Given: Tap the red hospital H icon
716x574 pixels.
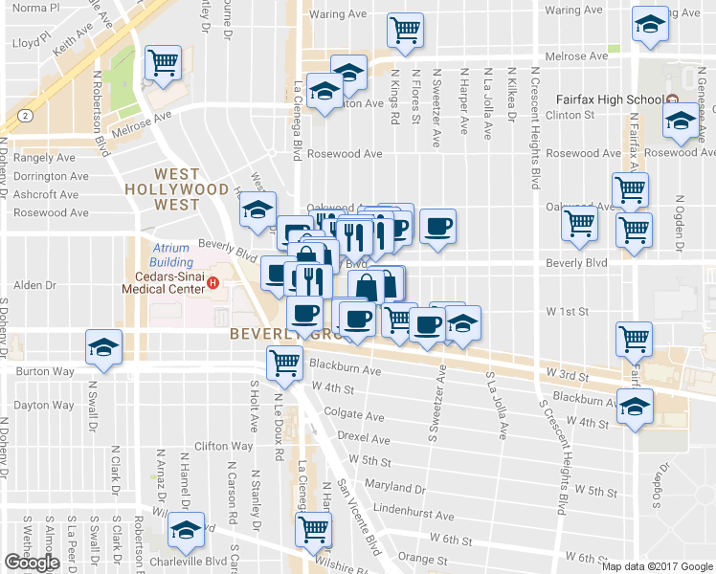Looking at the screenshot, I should pyautogui.click(x=213, y=284).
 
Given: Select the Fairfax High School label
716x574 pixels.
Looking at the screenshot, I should pyautogui.click(x=610, y=99).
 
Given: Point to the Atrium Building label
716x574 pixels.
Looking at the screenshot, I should pyautogui.click(x=172, y=255).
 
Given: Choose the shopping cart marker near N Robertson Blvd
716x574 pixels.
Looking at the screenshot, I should pyautogui.click(x=163, y=63).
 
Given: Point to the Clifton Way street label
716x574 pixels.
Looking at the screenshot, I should pyautogui.click(x=223, y=446).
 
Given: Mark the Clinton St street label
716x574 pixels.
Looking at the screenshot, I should pyautogui.click(x=571, y=115).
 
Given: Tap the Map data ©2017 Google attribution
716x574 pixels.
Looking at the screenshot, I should pyautogui.click(x=658, y=566).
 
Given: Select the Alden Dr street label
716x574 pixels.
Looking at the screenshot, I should pyautogui.click(x=36, y=285).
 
